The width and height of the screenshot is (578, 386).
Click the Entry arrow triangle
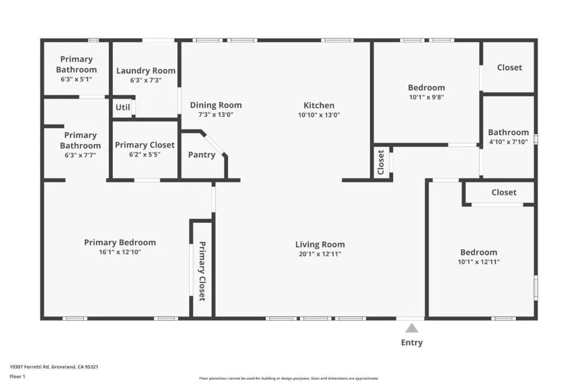(411, 328)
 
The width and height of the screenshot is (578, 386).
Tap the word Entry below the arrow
(411, 342)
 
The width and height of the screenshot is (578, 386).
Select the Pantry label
(202, 155)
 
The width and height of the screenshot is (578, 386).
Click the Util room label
(122, 107)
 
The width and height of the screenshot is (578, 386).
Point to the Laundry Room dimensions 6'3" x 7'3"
(146, 80)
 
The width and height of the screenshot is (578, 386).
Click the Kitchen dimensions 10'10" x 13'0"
(319, 115)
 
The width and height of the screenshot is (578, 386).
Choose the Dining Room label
(216, 105)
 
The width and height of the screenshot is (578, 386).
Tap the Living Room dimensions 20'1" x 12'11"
(320, 254)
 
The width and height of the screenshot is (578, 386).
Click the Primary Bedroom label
(120, 242)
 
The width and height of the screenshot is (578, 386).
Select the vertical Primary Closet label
(202, 271)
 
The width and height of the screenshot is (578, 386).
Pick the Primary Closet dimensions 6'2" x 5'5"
(144, 155)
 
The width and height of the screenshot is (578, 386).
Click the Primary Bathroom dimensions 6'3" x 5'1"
(76, 79)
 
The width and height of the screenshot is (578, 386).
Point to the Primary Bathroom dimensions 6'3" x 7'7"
(80, 155)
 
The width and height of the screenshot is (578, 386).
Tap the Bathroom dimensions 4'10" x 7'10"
(509, 142)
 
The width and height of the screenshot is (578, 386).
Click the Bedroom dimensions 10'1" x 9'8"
(427, 97)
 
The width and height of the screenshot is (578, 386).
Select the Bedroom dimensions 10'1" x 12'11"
(479, 262)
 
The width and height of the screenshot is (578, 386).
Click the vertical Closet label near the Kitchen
(381, 162)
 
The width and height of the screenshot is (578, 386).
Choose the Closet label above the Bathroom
(510, 67)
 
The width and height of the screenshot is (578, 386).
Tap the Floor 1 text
(17, 376)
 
